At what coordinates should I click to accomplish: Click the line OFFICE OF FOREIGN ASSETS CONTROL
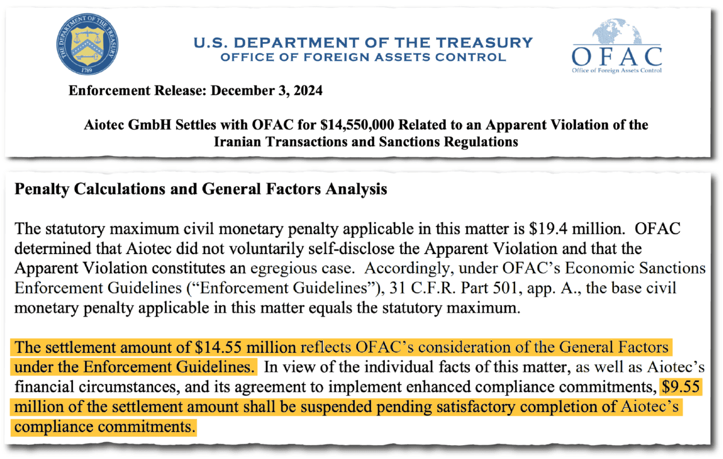pyautogui.click(x=363, y=58)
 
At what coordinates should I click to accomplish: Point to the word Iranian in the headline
pyautogui.click(x=236, y=142)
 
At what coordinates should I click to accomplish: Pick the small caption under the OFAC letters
pyautogui.click(x=616, y=70)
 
